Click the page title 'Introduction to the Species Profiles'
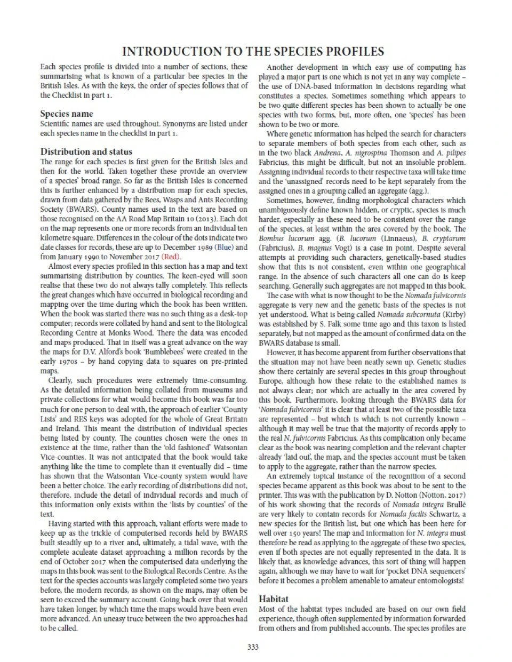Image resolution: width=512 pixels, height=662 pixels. (x=253, y=52)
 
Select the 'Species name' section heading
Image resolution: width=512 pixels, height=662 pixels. (x=67, y=114)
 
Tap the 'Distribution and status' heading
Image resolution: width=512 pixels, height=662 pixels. (x=86, y=151)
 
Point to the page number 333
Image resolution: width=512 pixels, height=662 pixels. (x=253, y=647)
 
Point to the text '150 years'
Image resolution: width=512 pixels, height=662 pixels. (x=300, y=533)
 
